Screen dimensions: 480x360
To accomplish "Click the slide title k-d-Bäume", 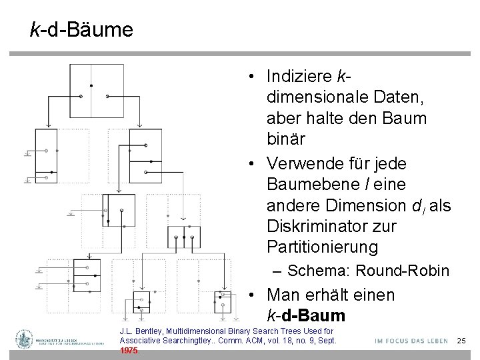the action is (81, 29).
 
